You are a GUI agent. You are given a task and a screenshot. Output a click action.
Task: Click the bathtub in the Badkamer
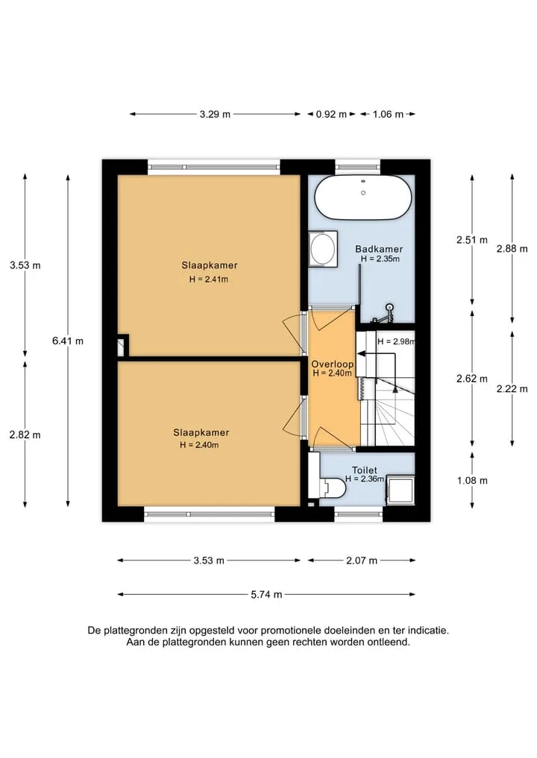[362, 197]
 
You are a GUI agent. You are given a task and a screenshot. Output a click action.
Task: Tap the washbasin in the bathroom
[323, 248]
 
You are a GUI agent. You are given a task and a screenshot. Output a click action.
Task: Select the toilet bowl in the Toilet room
[333, 487]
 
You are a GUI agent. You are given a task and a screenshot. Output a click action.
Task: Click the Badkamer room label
[379, 249]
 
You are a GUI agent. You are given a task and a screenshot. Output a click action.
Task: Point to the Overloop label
[333, 364]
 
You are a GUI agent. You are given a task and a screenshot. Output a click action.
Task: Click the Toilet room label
[364, 470]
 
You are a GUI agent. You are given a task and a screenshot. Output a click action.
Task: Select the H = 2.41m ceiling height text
[209, 279]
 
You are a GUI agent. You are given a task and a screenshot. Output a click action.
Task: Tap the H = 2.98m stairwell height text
[396, 341]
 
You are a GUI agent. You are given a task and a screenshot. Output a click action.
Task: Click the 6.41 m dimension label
[68, 341]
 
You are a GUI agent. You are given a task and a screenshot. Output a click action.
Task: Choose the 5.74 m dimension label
[266, 594]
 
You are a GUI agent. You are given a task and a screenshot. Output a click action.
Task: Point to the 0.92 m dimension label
[331, 115]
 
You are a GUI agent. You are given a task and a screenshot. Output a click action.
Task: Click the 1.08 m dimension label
[472, 481]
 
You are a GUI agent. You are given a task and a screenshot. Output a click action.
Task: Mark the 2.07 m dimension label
[362, 560]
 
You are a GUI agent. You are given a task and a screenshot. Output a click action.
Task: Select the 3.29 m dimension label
[215, 115]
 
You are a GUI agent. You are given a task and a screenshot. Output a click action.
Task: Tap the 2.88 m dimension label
[512, 249]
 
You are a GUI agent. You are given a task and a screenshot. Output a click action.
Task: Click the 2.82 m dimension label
[25, 435]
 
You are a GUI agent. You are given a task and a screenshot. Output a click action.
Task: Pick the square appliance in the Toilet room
[400, 490]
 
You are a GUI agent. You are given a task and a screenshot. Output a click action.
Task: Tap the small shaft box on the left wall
[123, 346]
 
